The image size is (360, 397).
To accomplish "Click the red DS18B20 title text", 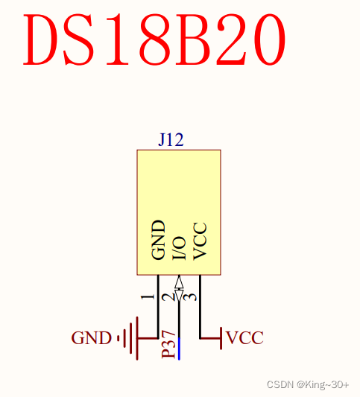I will [155, 39].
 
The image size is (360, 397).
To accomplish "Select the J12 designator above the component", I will [171, 140].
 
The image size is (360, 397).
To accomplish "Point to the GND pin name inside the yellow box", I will [158, 240].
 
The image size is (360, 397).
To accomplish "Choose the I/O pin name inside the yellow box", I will [179, 247].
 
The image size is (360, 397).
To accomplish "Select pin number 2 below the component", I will [171, 296].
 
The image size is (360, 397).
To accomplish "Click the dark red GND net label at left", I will [91, 338].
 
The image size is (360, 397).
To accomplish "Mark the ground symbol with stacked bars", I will [131, 339].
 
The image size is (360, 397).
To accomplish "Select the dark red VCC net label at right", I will [245, 338].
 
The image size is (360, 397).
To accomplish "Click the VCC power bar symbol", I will [221, 338].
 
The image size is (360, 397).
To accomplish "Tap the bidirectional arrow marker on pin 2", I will [179, 284].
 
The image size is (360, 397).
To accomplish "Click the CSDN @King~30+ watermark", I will [308, 384].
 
